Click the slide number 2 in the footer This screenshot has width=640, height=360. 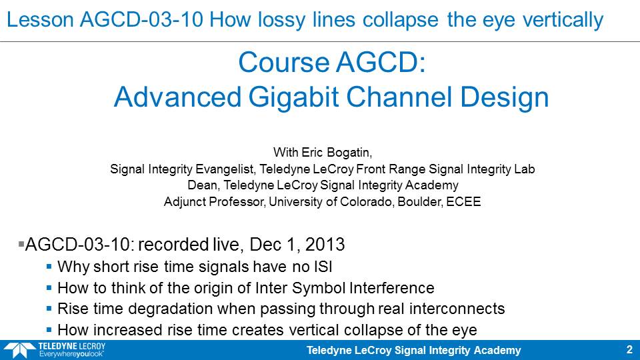tap(629, 350)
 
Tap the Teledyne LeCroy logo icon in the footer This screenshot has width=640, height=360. tap(19, 351)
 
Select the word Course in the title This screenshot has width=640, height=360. tap(284, 63)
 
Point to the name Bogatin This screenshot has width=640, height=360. tap(348, 153)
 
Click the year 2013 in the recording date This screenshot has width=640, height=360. tap(325, 245)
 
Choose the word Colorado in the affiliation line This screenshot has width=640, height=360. tap(367, 201)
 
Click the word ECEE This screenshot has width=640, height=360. tap(463, 201)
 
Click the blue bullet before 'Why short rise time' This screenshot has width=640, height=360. tap(49, 267)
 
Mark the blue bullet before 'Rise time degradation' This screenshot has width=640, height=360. tap(49, 309)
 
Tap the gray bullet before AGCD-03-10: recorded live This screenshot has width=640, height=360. tap(21, 245)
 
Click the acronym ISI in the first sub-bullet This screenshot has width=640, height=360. tap(323, 267)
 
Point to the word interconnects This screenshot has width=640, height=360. tap(457, 309)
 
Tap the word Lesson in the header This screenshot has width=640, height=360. tap(40, 19)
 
